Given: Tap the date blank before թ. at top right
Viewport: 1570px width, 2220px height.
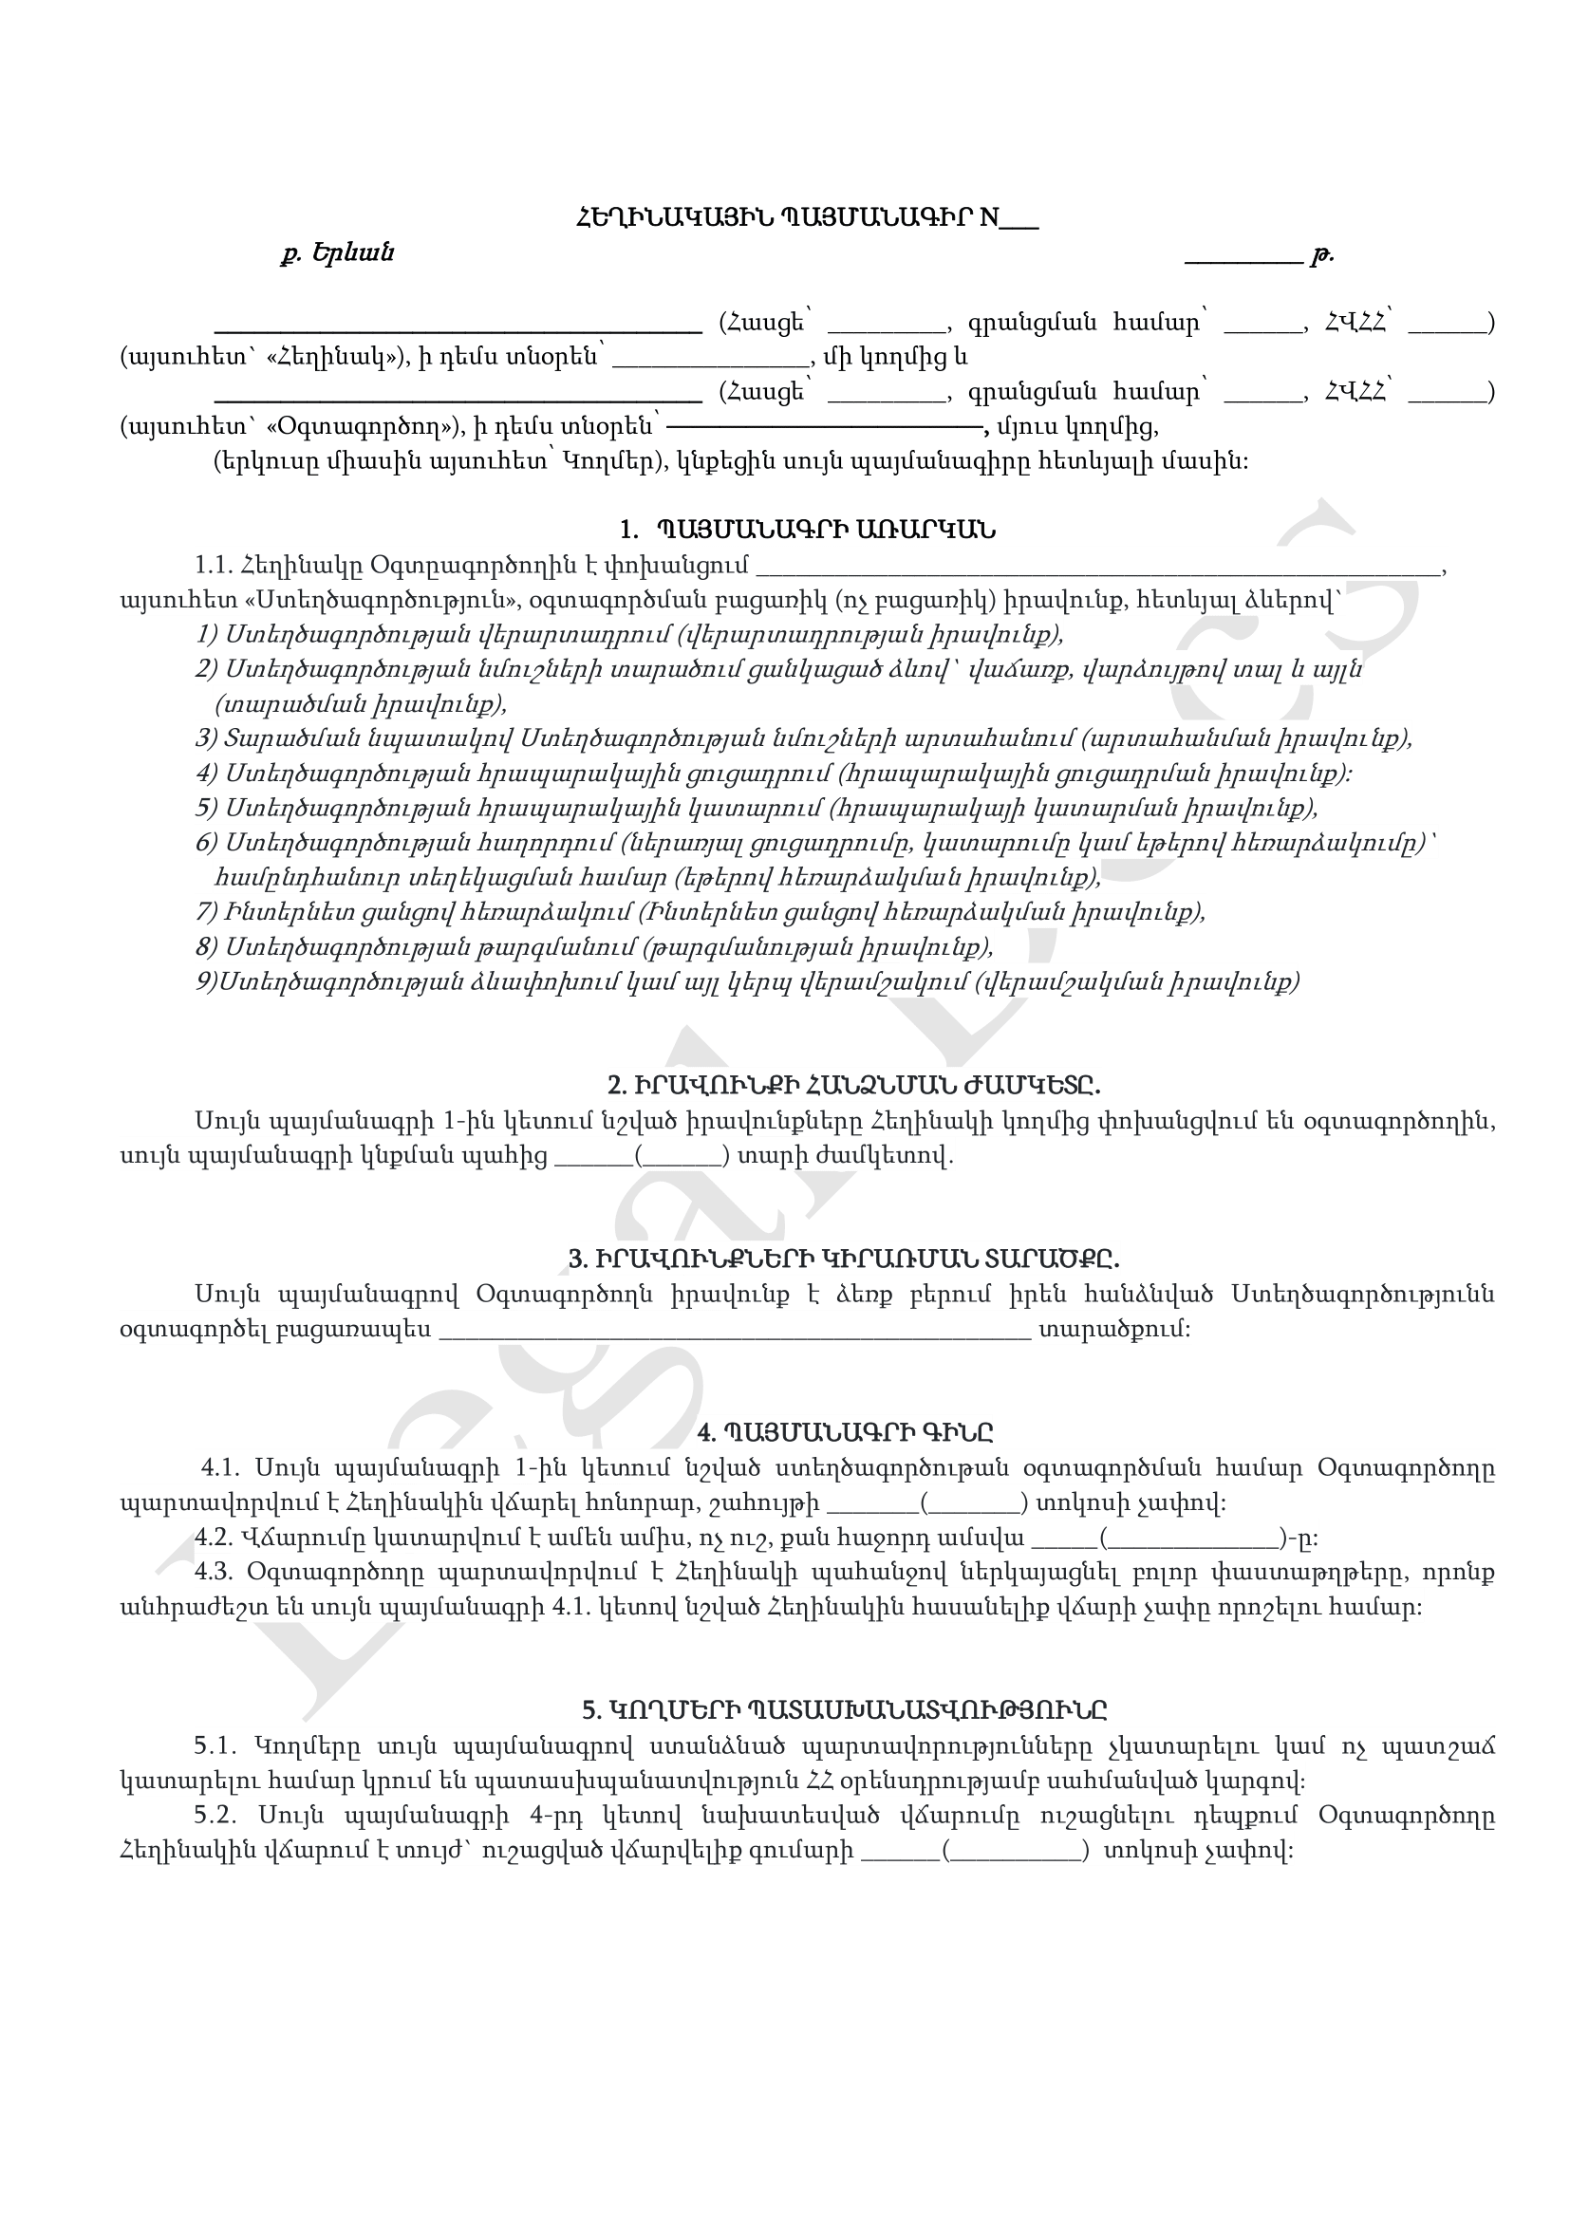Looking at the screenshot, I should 1243,257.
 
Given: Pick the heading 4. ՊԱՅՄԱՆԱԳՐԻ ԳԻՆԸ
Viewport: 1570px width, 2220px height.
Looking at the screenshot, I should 846,1432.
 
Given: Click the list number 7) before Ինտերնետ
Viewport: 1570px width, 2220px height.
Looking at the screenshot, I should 207,912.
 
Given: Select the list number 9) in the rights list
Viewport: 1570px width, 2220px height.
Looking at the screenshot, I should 207,982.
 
